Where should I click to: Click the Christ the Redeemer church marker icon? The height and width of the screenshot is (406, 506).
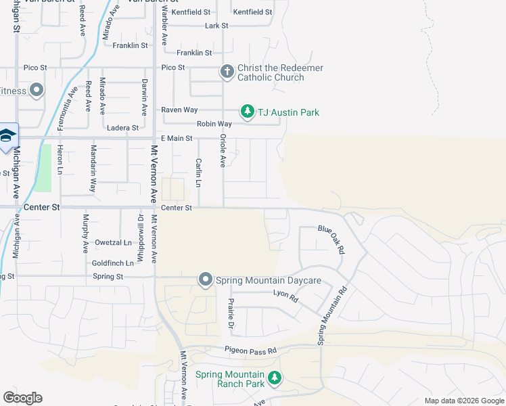coord(227,71)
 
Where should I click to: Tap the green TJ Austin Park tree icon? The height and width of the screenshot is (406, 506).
coord(248,112)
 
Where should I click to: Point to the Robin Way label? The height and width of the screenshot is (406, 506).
coord(214,124)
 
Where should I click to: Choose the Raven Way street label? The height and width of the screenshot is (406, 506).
coord(179,110)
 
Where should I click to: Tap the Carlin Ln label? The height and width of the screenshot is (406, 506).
coord(199,173)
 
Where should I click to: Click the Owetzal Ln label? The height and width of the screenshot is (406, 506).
coord(114,242)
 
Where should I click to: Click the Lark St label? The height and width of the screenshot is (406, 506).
coord(217,26)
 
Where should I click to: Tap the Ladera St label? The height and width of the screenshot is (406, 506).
coord(122,127)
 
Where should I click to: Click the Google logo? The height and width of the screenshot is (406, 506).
coord(22,398)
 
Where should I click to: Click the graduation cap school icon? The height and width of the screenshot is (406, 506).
coord(7,136)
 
